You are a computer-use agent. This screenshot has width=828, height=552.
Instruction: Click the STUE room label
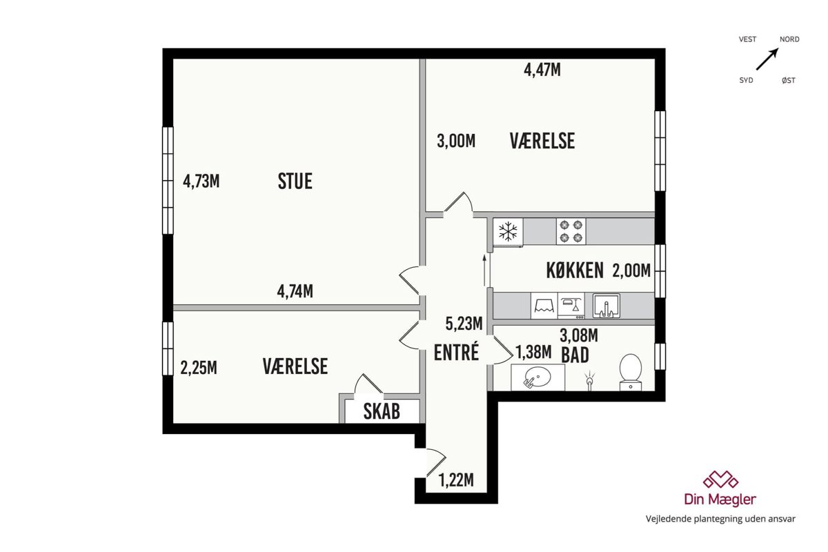[295, 181]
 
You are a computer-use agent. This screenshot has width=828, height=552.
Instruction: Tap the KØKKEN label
[575, 270]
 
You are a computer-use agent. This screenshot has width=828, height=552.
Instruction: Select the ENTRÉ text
[456, 352]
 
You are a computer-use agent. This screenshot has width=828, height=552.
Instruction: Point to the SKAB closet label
[382, 411]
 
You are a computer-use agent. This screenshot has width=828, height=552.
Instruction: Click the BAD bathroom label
[575, 355]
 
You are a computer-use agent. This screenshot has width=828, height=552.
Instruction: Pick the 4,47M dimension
[542, 70]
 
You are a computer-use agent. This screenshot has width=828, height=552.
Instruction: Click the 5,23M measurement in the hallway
[464, 324]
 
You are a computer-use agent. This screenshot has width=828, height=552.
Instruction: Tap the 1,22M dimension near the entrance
[456, 480]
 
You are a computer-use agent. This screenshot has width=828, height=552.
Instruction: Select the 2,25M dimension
[199, 368]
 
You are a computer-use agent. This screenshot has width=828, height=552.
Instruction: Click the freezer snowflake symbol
[508, 231]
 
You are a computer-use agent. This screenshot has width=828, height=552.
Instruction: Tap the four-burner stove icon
[571, 231]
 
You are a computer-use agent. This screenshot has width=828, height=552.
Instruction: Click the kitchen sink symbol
[607, 306]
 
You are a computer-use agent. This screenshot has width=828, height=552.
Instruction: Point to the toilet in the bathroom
[630, 372]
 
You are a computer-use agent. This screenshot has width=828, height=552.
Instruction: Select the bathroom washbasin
[538, 377]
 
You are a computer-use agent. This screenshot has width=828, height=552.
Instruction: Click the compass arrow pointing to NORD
[767, 59]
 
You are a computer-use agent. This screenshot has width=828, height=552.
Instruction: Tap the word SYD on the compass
[746, 80]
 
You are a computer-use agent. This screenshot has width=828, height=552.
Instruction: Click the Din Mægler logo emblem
[720, 480]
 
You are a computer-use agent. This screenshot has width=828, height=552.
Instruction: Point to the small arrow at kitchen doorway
[484, 270]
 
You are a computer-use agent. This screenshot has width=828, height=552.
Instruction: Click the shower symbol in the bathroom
[589, 380]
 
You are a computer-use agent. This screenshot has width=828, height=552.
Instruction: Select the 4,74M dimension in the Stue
[295, 291]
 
